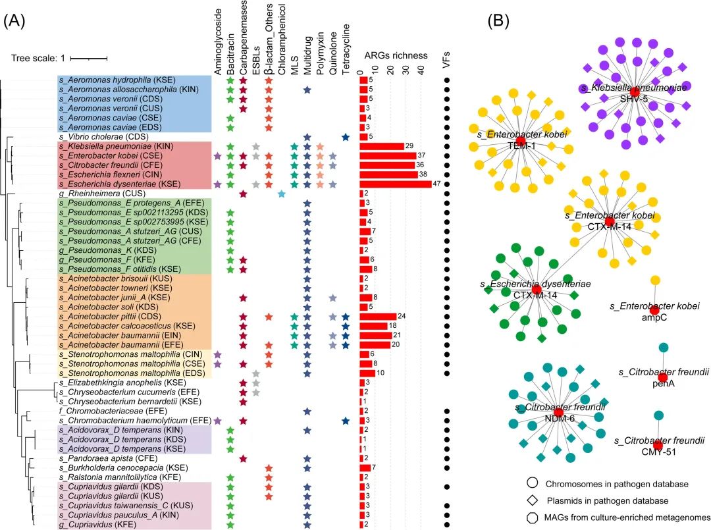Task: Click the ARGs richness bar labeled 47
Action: tap(395, 184)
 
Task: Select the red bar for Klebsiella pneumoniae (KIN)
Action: tap(381, 146)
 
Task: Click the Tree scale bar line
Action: tap(88, 58)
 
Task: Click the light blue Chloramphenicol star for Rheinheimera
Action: tap(282, 194)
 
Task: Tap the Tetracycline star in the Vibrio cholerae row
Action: tap(346, 137)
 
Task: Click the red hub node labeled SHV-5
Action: tap(635, 92)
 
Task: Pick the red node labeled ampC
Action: tap(654, 311)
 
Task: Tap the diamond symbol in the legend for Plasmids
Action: tap(532, 501)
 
